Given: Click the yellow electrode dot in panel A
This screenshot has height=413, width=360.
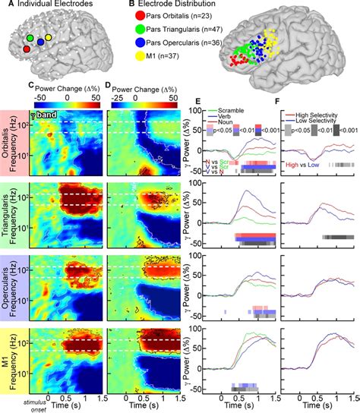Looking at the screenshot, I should tap(49, 36).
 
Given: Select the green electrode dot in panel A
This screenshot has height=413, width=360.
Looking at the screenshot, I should tap(30, 36).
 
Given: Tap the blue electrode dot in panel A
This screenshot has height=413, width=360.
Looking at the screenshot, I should tap(39, 43).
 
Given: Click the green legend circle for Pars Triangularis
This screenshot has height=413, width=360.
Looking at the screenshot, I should tap(129, 33).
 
